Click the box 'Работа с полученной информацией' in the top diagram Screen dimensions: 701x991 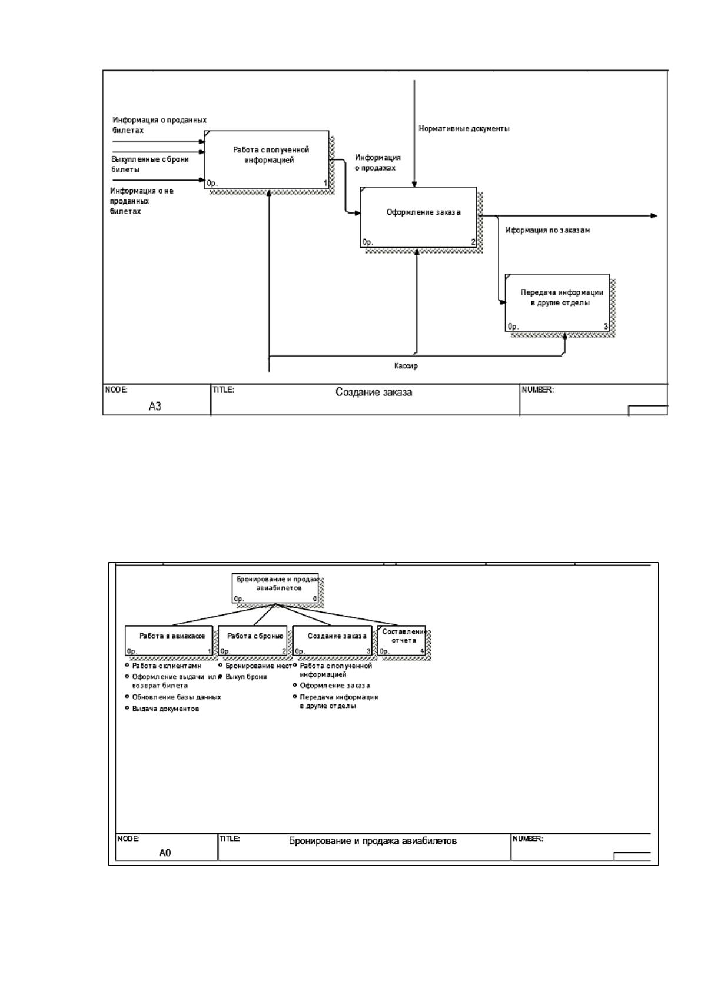267,159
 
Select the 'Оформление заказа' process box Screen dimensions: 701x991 418,217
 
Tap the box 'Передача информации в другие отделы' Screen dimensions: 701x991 557,302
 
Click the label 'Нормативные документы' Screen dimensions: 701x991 464,129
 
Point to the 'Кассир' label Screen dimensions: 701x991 406,366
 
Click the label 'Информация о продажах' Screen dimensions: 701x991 377,162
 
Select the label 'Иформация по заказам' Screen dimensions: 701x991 547,230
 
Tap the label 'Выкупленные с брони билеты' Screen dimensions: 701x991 150,164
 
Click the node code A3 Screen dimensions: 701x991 155,406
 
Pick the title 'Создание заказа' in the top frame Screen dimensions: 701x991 374,393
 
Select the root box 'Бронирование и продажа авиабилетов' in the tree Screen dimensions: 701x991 275,588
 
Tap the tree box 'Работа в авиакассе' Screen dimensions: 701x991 169,640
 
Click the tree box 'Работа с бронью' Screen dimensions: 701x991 253,640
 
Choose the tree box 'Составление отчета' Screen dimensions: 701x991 402,640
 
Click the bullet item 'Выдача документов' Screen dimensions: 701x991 165,709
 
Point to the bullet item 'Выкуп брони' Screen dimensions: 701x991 246,676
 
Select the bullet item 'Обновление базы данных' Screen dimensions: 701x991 177,697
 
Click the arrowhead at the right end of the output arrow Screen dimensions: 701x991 654,216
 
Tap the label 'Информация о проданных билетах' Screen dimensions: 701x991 160,125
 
